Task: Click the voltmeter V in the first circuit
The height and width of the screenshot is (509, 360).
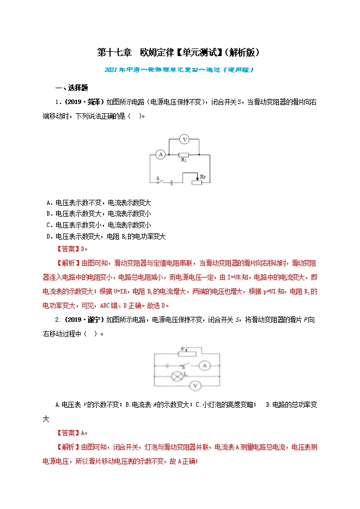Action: pos(184,139)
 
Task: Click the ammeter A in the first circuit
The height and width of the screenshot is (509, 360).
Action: pos(160,155)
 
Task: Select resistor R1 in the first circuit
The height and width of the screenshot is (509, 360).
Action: pos(184,155)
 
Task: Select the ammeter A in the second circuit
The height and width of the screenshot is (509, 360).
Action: pos(202,364)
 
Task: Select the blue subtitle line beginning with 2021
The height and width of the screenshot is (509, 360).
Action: pos(179,70)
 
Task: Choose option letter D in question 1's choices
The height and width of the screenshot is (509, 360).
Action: pos(50,236)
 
